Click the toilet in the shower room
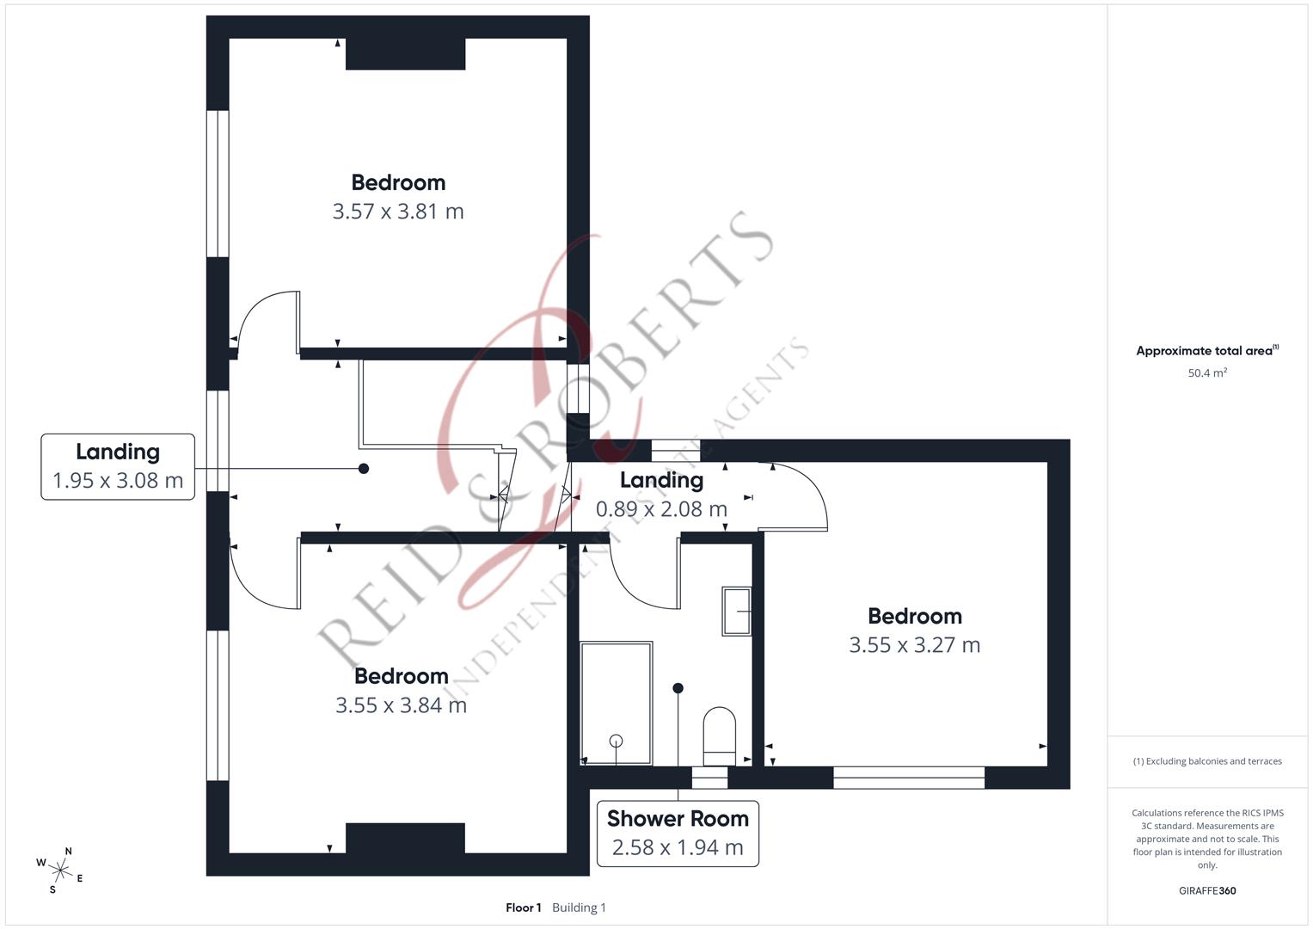[x=719, y=736]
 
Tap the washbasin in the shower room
[x=737, y=611]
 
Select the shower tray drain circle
[x=616, y=741]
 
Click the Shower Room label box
[x=678, y=834]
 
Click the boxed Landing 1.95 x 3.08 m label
[x=118, y=467]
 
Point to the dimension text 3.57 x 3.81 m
[x=398, y=211]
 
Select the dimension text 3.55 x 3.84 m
[x=401, y=705]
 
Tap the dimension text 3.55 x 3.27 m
[x=914, y=645]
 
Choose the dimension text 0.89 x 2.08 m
[x=661, y=509]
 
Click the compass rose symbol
[x=60, y=871]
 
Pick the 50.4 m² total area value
[x=1207, y=372]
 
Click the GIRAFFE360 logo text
[x=1207, y=890]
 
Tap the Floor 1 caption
[x=524, y=907]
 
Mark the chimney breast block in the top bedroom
[x=406, y=54]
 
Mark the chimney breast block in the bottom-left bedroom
[x=406, y=838]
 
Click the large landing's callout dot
[x=364, y=469]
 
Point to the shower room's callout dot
[x=678, y=688]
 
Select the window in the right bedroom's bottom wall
[x=909, y=778]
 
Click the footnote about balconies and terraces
[x=1207, y=761]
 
